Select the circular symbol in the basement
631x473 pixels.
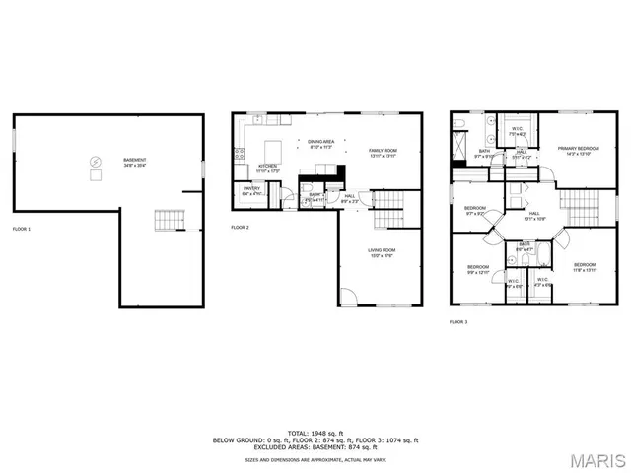(x=96, y=162)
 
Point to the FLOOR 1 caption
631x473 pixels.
(x=22, y=229)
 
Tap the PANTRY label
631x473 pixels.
(x=251, y=189)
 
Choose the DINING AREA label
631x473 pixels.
(x=321, y=144)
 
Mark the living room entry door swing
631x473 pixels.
(x=347, y=295)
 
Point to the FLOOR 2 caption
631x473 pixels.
(x=241, y=229)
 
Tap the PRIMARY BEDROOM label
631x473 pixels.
(x=578, y=150)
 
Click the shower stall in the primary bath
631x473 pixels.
(x=458, y=147)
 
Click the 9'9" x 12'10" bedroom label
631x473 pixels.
(x=478, y=269)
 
